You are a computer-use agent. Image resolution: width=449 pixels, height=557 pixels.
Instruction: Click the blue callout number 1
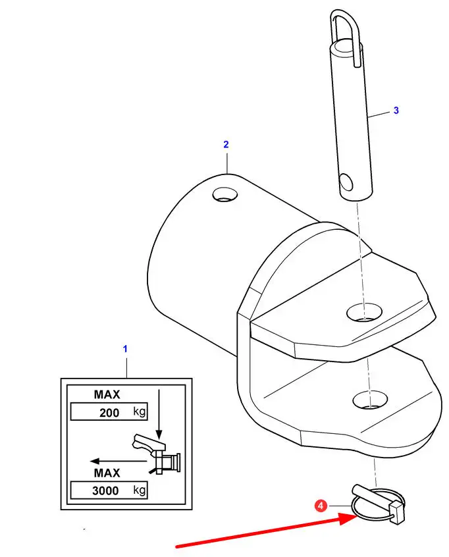tap(125, 349)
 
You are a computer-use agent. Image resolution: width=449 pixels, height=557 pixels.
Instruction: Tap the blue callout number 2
tap(226, 145)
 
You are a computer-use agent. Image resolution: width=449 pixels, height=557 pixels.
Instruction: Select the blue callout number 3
tap(396, 111)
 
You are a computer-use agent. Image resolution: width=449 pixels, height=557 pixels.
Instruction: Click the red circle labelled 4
tap(321, 506)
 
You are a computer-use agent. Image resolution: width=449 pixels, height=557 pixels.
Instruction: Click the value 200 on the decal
tap(109, 412)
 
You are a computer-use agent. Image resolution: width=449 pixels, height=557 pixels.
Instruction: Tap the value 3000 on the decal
tap(105, 491)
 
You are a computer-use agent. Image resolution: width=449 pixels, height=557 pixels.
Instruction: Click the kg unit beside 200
tap(140, 411)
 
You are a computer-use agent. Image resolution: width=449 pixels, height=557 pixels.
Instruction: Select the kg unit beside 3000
tap(140, 490)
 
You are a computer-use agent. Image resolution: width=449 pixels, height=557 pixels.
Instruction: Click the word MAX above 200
tap(107, 394)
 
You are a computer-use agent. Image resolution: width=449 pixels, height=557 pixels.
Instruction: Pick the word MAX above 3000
tap(107, 473)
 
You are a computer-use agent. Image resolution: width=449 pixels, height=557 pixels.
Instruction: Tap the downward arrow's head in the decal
tap(159, 434)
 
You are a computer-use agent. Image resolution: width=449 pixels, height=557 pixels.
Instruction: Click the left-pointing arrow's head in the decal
tap(95, 461)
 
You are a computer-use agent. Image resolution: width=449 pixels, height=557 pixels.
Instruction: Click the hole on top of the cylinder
tap(225, 194)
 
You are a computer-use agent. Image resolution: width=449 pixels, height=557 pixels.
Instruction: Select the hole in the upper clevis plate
tap(364, 313)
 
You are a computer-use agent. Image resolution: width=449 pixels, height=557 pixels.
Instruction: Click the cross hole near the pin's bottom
tap(346, 182)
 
